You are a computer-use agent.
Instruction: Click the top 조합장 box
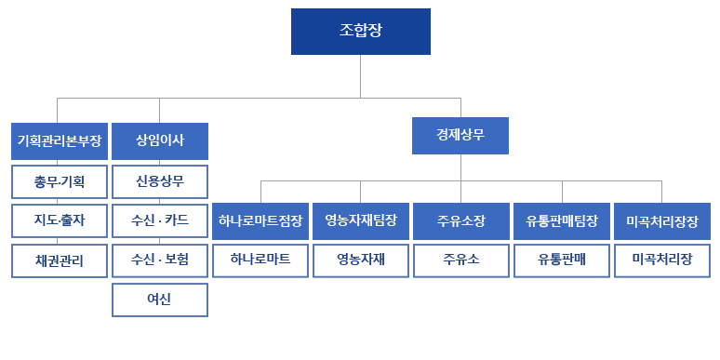tap(360, 31)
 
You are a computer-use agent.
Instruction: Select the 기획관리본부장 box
tap(59, 140)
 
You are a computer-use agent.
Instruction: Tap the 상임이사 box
tap(159, 140)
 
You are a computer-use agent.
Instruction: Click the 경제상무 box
tap(460, 135)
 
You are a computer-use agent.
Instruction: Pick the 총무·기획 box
tap(59, 180)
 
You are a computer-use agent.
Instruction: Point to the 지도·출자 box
tap(59, 220)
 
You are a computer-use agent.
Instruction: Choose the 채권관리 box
tap(59, 260)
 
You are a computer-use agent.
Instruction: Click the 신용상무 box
tap(159, 180)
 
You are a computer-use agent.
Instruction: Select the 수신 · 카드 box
tap(159, 220)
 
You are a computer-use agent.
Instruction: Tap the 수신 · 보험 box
tap(159, 260)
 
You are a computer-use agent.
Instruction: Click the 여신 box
tap(159, 300)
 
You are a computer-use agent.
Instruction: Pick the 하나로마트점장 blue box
tap(260, 220)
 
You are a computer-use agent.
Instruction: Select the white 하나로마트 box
tap(260, 260)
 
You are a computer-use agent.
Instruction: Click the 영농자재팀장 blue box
tap(360, 220)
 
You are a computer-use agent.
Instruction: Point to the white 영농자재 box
tap(360, 260)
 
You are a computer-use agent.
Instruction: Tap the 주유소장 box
tap(460, 220)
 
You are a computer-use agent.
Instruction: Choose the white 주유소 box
tap(460, 260)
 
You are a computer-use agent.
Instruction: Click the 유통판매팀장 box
tap(561, 220)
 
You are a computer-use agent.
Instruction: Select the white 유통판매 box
tap(561, 260)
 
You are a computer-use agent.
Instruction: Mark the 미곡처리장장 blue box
tap(661, 220)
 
